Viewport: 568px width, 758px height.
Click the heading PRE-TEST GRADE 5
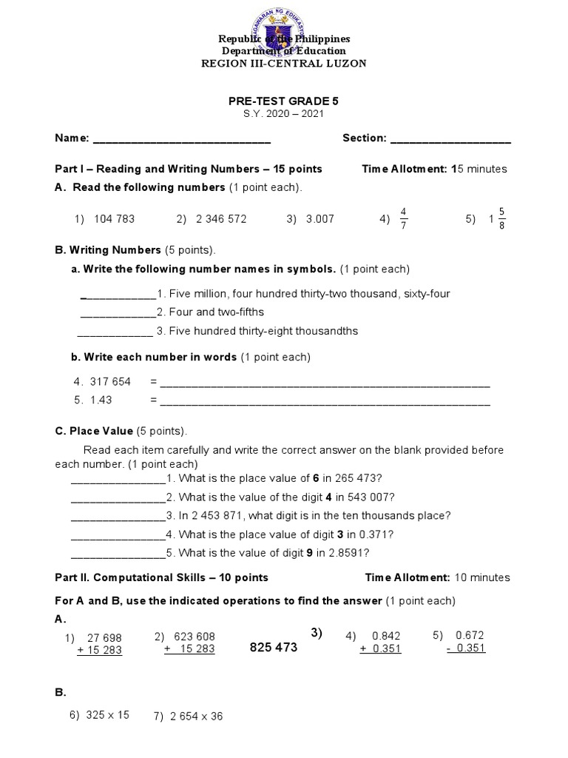[284, 101]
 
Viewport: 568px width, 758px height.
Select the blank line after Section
[450, 139]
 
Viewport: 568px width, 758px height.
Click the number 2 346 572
[221, 219]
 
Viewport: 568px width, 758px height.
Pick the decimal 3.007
[319, 219]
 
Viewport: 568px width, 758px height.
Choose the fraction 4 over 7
[404, 219]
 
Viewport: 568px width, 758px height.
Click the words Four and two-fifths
[215, 312]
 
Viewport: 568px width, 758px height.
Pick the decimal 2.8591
[347, 553]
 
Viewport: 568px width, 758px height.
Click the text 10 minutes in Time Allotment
[481, 577]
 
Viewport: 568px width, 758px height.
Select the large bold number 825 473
[274, 648]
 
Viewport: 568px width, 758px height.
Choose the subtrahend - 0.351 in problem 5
[465, 648]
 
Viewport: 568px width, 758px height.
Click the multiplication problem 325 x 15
[108, 714]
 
